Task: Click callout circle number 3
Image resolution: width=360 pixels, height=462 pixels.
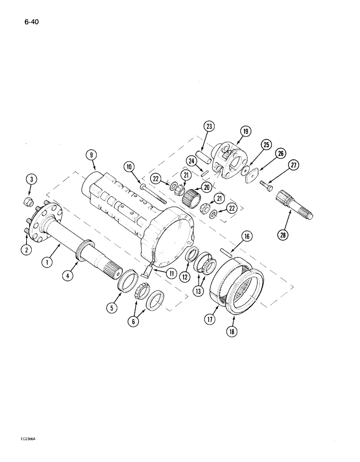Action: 30,180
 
